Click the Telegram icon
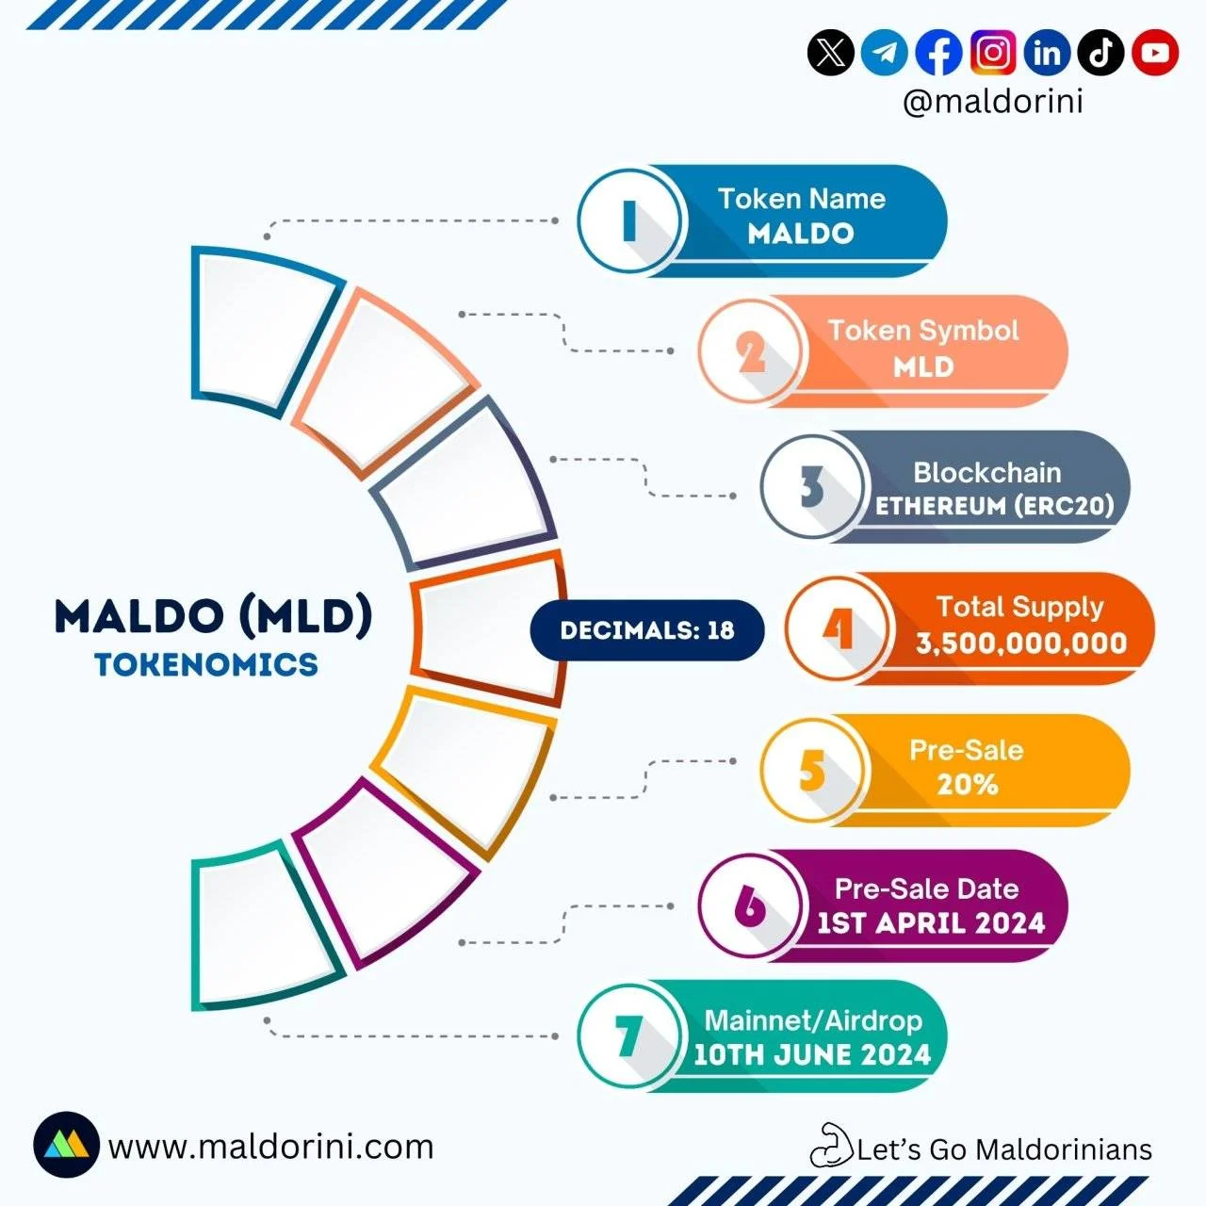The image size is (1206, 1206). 885,53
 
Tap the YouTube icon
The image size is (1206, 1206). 1155,53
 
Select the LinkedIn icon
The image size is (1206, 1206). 1047,53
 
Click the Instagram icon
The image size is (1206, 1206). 992,53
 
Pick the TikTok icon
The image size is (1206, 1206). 1100,53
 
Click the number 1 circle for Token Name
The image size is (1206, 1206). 629,220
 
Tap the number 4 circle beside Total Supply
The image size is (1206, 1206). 838,627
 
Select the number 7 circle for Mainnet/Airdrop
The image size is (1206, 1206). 629,1035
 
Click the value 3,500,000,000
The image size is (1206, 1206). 1021,644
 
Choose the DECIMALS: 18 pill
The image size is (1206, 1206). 647,630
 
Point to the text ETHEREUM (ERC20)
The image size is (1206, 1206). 994,506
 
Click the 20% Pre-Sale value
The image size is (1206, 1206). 967,784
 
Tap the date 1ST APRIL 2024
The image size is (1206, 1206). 931,923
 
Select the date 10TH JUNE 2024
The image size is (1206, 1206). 812,1054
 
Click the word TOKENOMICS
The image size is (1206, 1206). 206,664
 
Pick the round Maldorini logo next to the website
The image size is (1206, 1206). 66,1145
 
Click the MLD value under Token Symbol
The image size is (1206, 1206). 923,367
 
